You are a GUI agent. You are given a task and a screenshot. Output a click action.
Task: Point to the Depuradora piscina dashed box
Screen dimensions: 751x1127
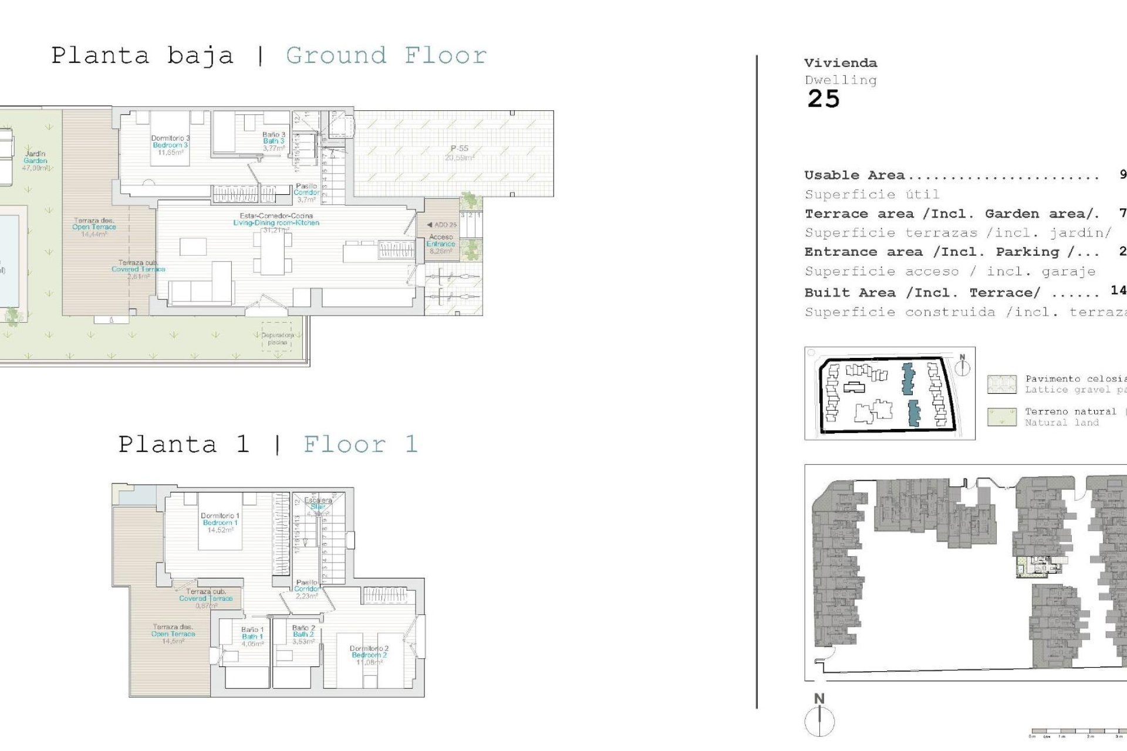pyautogui.click(x=276, y=337)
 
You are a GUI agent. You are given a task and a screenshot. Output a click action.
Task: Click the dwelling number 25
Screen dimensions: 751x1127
pyautogui.click(x=824, y=99)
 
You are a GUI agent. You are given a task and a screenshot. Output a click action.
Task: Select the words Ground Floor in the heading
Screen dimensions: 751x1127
pyautogui.click(x=386, y=56)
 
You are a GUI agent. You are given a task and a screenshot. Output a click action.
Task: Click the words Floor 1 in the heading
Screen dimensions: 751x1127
pyautogui.click(x=360, y=444)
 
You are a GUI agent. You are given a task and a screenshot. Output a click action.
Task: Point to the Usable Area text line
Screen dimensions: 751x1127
pyautogui.click(x=854, y=175)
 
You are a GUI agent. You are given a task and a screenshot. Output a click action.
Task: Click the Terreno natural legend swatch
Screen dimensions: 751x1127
pyautogui.click(x=1001, y=417)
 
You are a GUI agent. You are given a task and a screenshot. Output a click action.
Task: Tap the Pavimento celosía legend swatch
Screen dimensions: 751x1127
pyautogui.click(x=1001, y=384)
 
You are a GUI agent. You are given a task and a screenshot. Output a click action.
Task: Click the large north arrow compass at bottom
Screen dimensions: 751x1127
pyautogui.click(x=819, y=721)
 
